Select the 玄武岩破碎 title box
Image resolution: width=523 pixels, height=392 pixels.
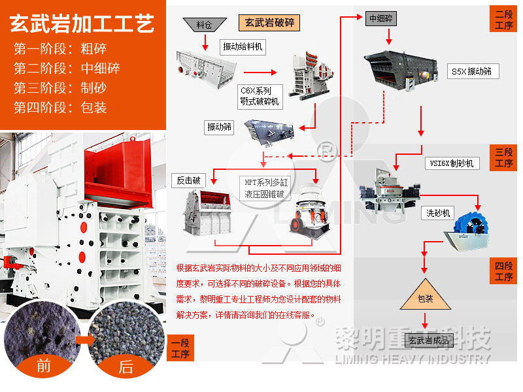(x=269, y=22)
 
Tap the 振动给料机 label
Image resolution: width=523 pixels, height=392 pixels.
(x=243, y=46)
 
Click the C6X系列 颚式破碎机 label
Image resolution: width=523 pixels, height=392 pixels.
(x=259, y=95)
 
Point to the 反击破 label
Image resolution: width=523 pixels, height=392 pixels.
(x=187, y=180)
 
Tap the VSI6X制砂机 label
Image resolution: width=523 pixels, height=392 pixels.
(x=451, y=163)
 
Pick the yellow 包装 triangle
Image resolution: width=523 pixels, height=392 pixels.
(x=425, y=295)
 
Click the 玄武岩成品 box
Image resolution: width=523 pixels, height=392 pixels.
(x=429, y=340)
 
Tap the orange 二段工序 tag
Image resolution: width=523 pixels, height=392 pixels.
(x=504, y=19)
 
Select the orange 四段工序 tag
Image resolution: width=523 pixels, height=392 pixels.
(x=504, y=271)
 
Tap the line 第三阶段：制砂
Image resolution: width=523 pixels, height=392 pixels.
(x=60, y=88)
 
